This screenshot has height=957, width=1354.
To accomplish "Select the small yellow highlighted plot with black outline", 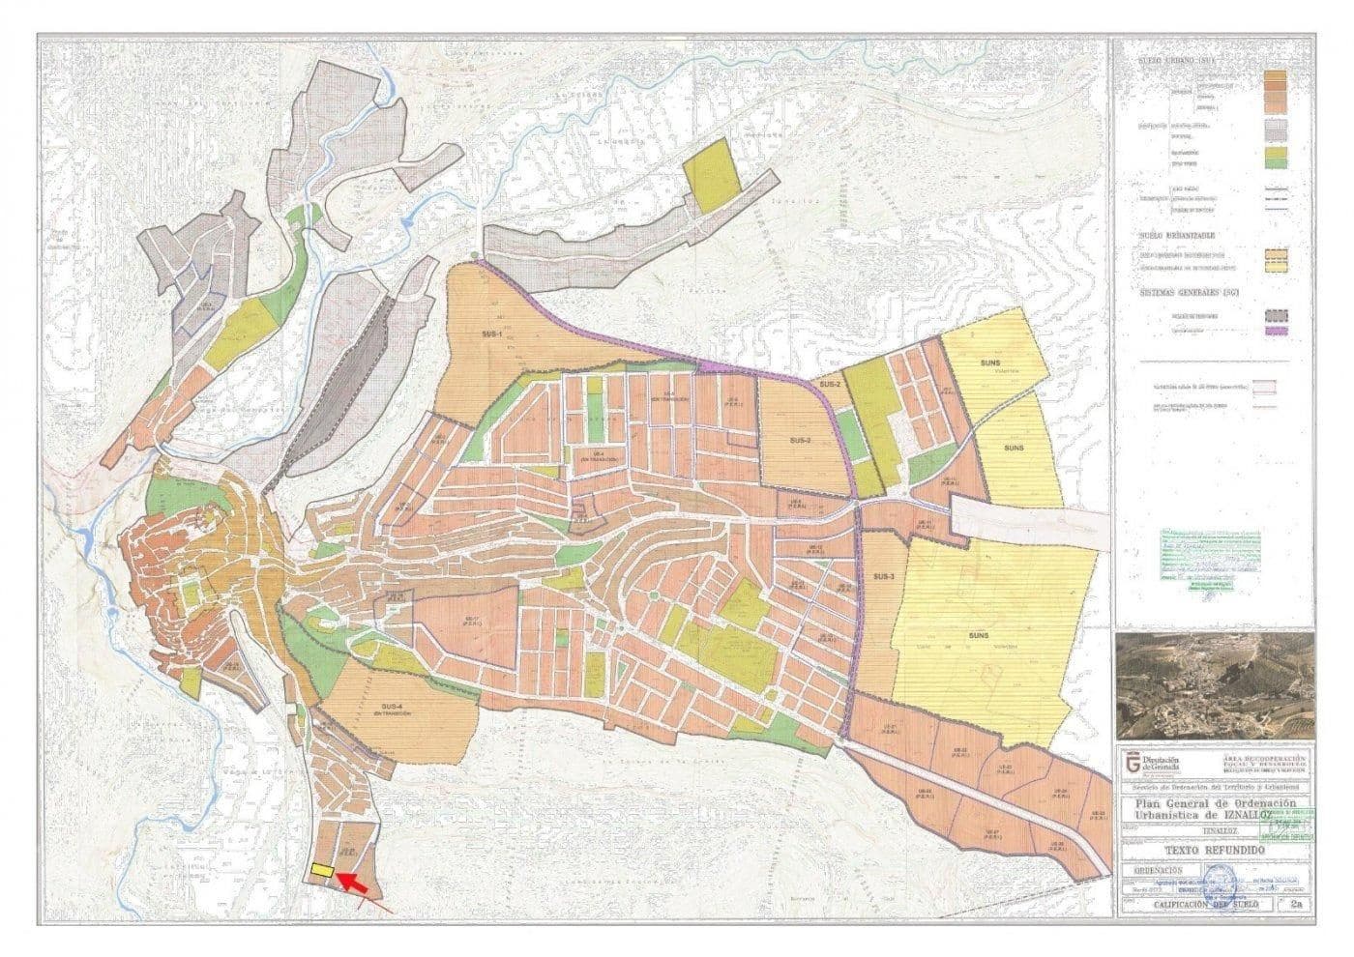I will tap(323, 871).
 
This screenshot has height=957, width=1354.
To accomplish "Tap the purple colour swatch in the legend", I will tap(1280, 332).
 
